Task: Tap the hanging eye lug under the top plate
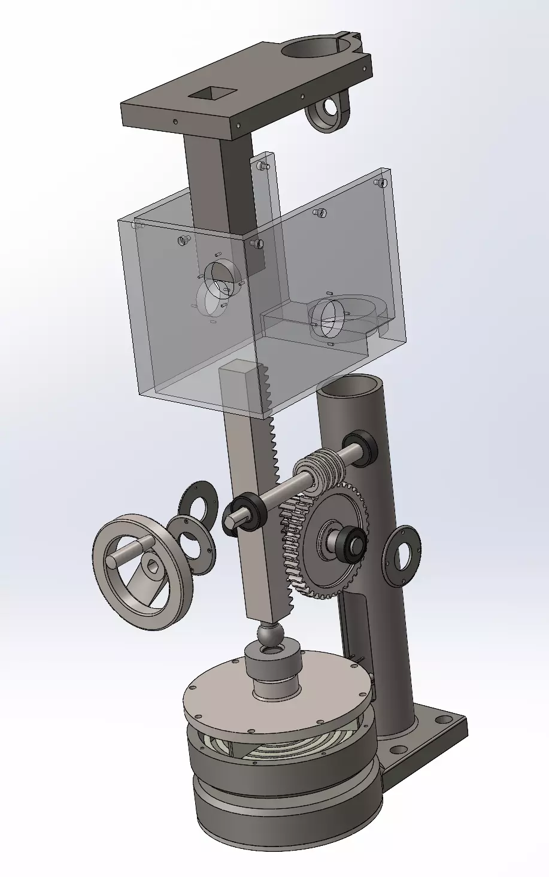[328, 110]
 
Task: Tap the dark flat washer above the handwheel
[197, 499]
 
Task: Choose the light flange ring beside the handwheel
[191, 543]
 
